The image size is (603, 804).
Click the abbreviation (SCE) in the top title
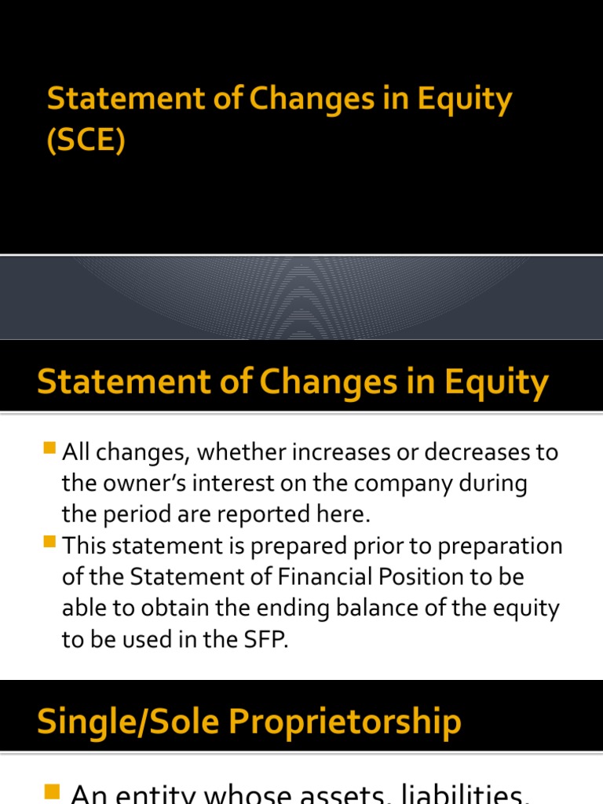click(x=86, y=144)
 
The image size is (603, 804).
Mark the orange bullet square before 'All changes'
click(x=51, y=450)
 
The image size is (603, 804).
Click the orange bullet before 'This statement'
click(x=51, y=543)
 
